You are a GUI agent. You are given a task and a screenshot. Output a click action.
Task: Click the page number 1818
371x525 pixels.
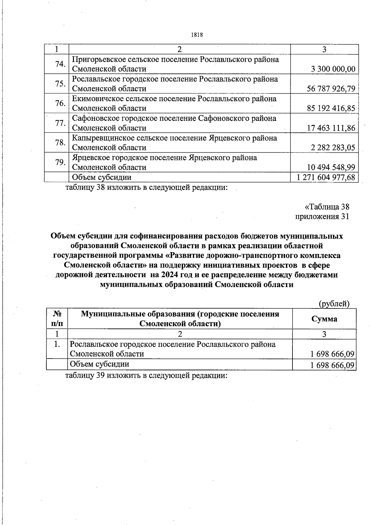(x=197, y=35)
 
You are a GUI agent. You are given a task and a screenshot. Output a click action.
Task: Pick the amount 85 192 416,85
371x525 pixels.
(x=331, y=108)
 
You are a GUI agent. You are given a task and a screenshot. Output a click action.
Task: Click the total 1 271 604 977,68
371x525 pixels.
(x=326, y=177)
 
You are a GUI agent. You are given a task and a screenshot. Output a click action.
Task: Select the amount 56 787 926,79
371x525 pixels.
(x=331, y=89)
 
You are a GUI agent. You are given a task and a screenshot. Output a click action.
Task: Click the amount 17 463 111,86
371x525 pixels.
(x=331, y=128)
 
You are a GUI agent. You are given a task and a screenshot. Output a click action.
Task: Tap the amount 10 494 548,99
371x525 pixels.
(x=331, y=167)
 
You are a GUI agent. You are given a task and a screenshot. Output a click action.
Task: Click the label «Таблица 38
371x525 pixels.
(x=327, y=207)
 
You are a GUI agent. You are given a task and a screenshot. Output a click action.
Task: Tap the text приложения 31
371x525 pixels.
(x=322, y=217)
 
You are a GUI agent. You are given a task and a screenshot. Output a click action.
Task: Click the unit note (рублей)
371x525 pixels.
(x=334, y=304)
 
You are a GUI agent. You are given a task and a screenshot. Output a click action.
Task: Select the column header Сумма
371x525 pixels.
(x=324, y=319)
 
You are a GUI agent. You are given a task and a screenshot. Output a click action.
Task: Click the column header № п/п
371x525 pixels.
(x=57, y=319)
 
